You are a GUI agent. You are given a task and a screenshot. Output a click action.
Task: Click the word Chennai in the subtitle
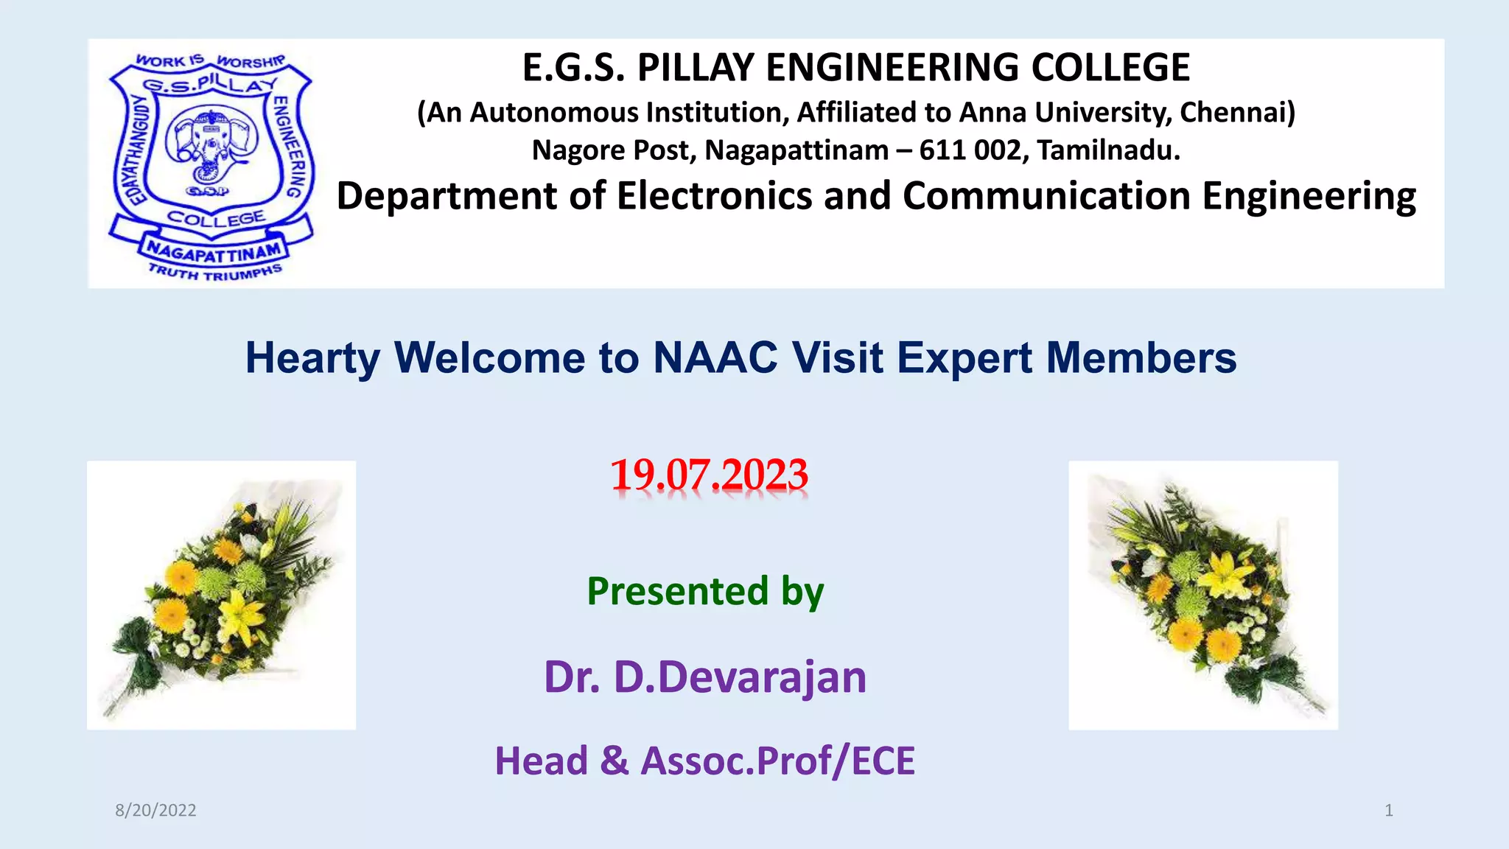point(1237,113)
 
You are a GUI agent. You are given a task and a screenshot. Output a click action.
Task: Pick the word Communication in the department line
point(1047,197)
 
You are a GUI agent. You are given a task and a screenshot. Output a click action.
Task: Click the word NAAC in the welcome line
point(715,358)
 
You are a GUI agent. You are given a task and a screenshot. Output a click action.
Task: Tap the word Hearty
point(312,360)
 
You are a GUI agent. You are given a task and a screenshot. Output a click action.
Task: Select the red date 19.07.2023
point(709,475)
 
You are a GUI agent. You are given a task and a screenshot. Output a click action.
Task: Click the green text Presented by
point(705,592)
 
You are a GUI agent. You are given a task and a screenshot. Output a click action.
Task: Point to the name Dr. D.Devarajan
point(705,677)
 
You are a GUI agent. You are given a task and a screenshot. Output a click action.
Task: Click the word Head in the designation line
point(542,761)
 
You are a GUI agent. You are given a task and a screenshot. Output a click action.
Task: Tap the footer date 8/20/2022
point(155,811)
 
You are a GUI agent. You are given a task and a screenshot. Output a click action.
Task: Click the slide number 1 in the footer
point(1389,811)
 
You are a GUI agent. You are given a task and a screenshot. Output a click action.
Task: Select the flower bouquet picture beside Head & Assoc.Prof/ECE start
point(221,595)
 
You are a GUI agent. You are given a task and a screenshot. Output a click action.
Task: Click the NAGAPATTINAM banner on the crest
point(213,252)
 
